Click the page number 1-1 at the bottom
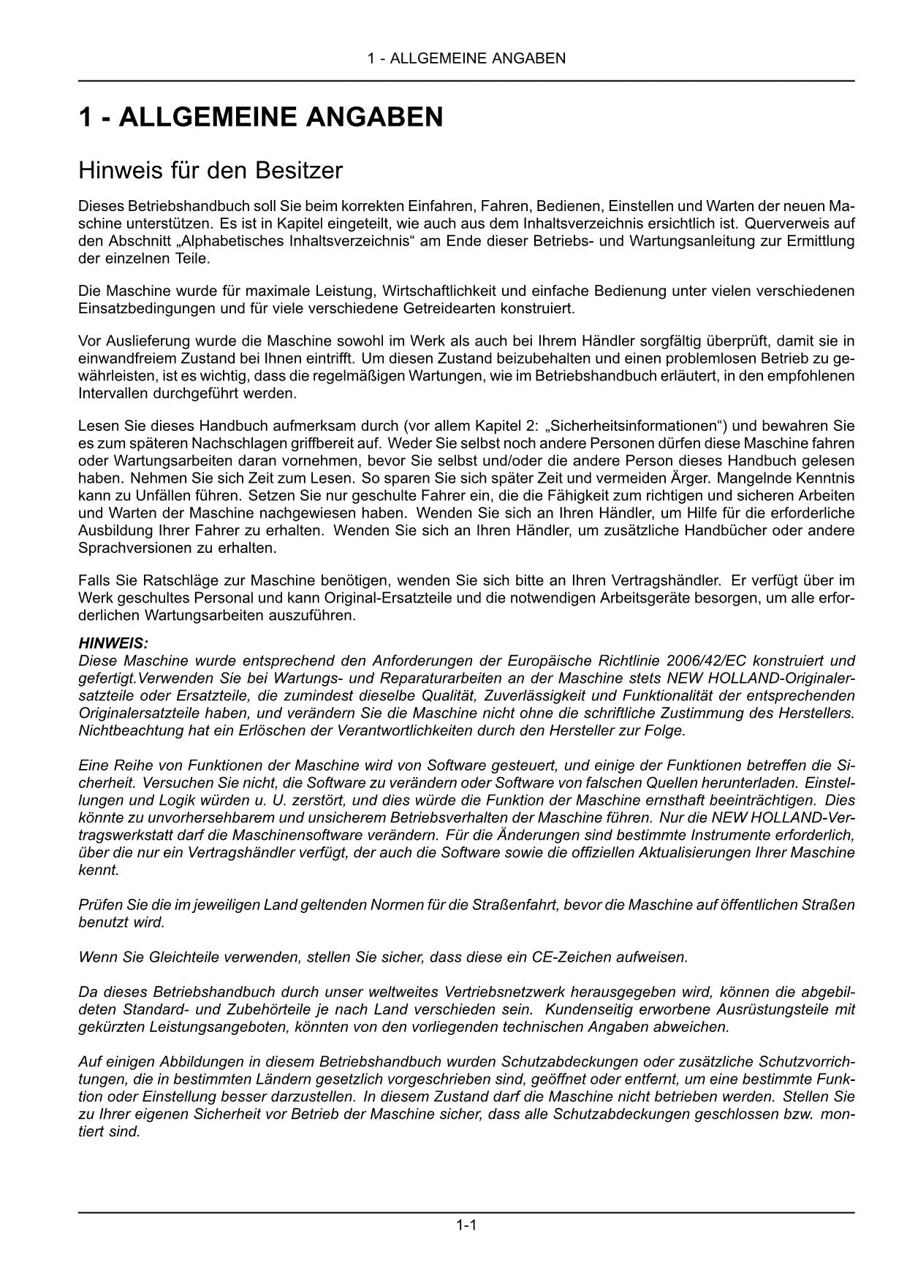[466, 1225]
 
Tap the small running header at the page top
[466, 58]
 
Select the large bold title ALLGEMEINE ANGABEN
[261, 118]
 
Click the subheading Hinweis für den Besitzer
[210, 171]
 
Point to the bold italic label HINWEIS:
[113, 643]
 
